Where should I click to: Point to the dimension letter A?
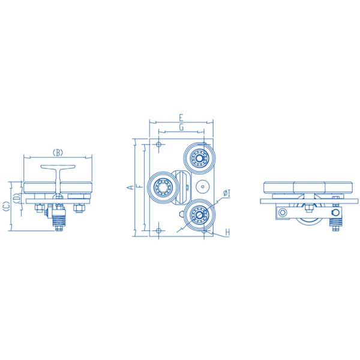point(130,188)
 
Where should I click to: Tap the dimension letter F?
point(139,188)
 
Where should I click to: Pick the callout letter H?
point(227,232)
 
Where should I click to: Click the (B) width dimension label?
point(58,152)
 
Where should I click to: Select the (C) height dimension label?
point(5,206)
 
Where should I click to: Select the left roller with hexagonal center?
point(162,188)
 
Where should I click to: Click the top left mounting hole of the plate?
point(157,145)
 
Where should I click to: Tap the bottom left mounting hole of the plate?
point(157,230)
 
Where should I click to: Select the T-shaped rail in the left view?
point(58,178)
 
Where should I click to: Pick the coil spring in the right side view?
point(336,224)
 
